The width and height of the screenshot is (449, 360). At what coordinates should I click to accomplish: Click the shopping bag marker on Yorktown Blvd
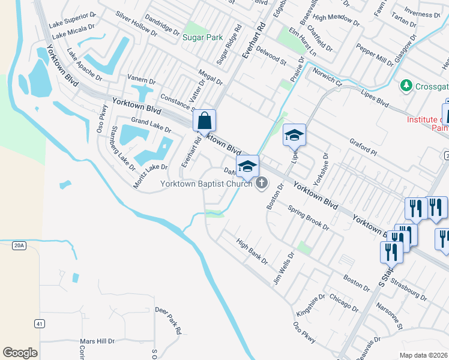pyautogui.click(x=205, y=121)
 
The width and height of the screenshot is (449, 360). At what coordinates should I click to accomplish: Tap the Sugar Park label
pyautogui.click(x=202, y=37)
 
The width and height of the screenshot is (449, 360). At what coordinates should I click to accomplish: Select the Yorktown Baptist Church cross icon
pyautogui.click(x=261, y=183)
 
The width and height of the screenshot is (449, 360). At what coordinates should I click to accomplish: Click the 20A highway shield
pyautogui.click(x=19, y=245)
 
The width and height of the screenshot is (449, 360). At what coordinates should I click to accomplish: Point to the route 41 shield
pyautogui.click(x=39, y=324)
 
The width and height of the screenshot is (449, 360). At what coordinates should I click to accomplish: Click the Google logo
pyautogui.click(x=20, y=353)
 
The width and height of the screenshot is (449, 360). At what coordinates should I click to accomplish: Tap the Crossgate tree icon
pyautogui.click(x=407, y=86)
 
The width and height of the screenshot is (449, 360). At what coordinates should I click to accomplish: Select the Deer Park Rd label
pyautogui.click(x=169, y=319)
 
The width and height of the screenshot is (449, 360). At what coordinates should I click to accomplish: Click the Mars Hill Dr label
pyautogui.click(x=98, y=341)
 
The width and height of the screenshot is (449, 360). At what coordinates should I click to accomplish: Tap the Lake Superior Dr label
pyautogui.click(x=73, y=19)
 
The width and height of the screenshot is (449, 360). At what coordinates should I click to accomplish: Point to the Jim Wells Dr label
pyautogui.click(x=283, y=268)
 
